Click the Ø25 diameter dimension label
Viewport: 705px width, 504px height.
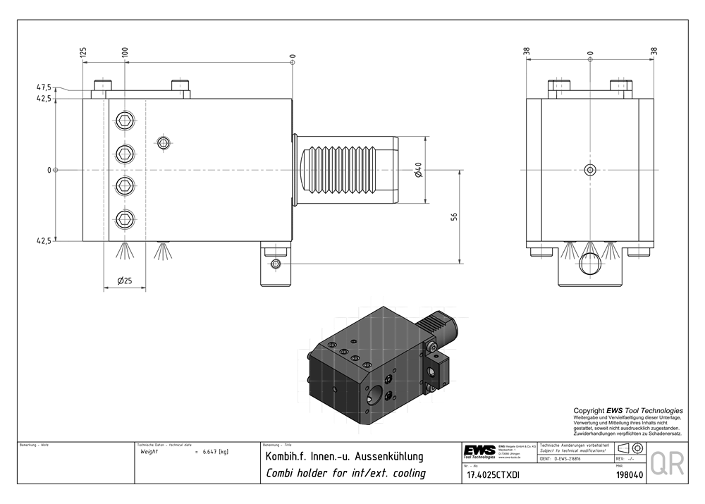point(124,281)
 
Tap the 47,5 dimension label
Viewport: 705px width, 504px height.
point(44,87)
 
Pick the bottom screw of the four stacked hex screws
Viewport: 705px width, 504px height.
point(125,219)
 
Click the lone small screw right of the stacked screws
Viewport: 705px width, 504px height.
point(164,144)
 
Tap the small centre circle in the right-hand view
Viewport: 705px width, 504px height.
point(590,169)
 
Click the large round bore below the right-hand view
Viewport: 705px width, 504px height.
point(590,264)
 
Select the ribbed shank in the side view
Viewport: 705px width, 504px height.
point(345,169)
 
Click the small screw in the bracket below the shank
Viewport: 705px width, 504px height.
point(275,264)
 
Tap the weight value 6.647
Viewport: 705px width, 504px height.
point(209,452)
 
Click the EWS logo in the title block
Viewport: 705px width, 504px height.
point(479,451)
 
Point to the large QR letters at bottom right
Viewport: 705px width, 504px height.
point(666,465)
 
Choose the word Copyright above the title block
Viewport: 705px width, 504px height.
point(590,410)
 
